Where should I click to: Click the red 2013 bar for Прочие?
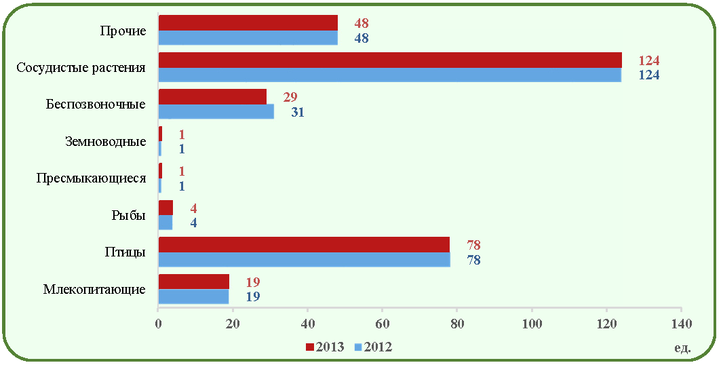point(248,23)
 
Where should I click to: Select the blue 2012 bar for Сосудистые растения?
point(390,75)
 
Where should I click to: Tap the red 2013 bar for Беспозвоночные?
point(212,96)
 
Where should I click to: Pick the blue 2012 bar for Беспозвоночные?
point(216,112)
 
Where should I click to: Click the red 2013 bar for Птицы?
point(304,244)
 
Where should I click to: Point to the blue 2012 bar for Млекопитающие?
point(193,296)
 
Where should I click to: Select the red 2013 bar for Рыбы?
point(165,208)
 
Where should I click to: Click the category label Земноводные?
point(106,142)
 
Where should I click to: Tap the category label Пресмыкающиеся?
point(91,178)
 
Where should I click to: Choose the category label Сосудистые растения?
point(81,68)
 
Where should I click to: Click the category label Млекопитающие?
point(94,290)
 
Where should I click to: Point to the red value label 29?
point(290,98)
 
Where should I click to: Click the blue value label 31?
point(298,112)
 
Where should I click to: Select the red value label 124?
point(649,60)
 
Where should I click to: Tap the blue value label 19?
point(253,297)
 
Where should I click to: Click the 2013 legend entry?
point(325,347)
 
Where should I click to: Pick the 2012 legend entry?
point(373,347)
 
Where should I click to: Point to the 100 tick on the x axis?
point(532,324)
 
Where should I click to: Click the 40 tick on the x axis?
point(308,324)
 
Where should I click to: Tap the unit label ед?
point(683,348)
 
